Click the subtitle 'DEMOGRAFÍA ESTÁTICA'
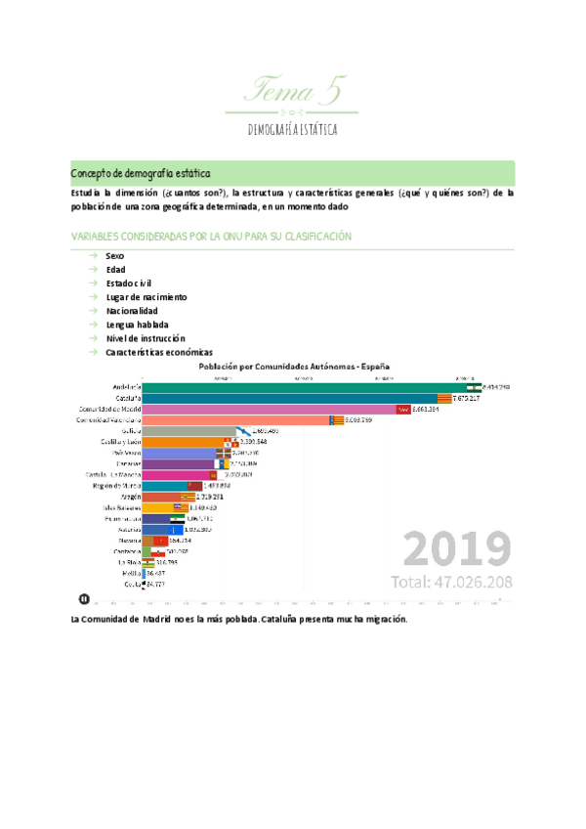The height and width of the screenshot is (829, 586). click(293, 129)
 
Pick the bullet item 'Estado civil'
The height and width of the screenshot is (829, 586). click(130, 283)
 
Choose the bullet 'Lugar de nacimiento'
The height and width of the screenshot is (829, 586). click(146, 296)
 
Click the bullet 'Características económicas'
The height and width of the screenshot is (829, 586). click(159, 351)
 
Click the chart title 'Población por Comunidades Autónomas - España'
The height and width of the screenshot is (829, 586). click(296, 366)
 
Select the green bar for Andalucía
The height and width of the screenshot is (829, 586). click(303, 387)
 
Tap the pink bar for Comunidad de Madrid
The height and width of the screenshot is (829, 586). click(269, 409)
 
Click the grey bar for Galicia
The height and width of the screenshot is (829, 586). click(190, 431)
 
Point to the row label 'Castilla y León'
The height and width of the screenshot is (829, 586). click(121, 442)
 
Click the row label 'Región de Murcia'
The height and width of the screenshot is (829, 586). click(118, 486)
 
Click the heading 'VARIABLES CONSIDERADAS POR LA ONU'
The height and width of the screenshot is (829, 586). click(212, 237)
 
